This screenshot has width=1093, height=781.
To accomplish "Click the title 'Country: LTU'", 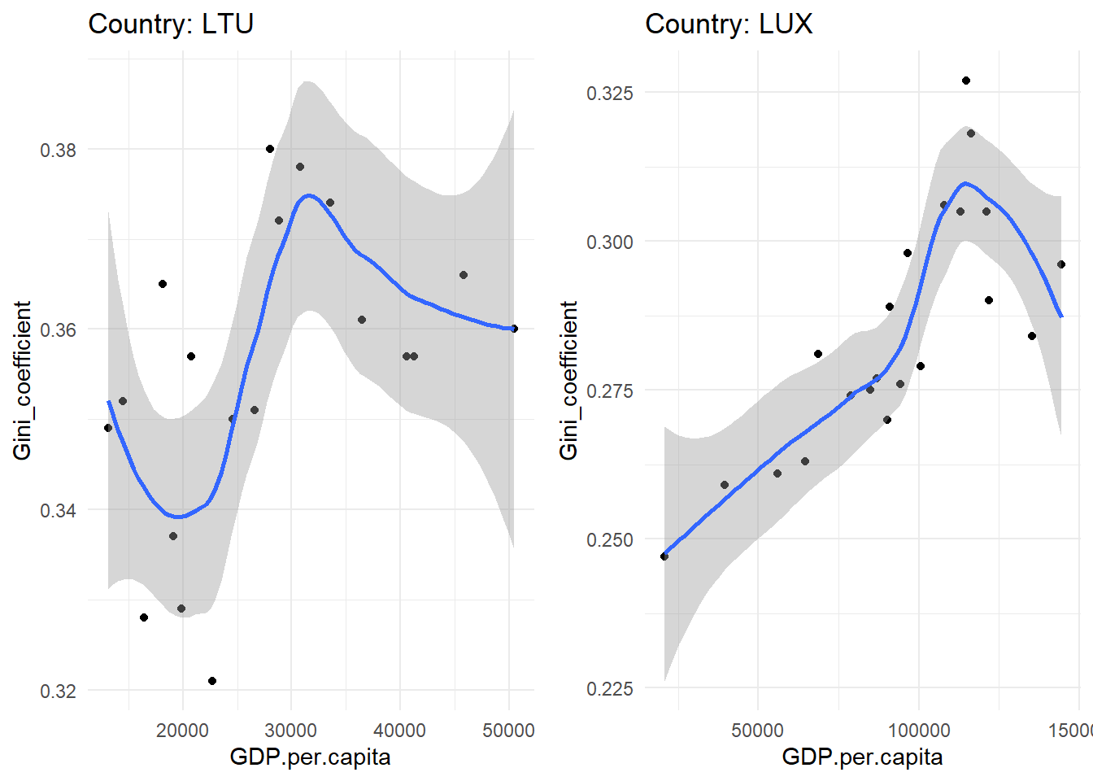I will click(171, 24).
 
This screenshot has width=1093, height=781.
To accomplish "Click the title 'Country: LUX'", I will click(729, 24).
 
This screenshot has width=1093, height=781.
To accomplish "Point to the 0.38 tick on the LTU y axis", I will click(58, 151).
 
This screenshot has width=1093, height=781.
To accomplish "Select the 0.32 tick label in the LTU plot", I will click(58, 692).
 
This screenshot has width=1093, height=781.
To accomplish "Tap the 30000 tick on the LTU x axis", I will click(291, 730).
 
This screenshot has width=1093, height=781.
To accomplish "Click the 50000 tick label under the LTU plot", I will click(508, 730).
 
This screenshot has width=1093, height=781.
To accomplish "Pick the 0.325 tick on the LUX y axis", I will click(610, 94).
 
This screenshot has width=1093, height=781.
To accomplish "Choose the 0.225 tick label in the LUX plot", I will click(610, 689).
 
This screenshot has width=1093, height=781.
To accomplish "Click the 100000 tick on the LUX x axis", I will click(919, 730).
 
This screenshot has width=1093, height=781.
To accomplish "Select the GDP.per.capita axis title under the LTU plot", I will click(311, 757).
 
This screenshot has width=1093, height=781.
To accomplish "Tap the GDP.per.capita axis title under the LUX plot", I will click(862, 757).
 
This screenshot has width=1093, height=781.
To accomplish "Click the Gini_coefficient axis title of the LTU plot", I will click(22, 381).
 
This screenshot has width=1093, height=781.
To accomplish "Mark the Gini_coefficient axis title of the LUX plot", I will click(568, 381).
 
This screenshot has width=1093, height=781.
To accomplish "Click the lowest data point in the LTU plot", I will click(212, 681).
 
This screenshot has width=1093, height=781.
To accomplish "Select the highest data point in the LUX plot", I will click(966, 81).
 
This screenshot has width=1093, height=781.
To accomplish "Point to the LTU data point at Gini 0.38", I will click(270, 149).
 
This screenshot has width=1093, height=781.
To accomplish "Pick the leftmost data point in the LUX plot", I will click(664, 556).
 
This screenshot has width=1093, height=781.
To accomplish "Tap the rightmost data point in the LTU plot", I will click(514, 329).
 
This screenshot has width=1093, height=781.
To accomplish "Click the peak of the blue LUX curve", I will click(965, 183).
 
